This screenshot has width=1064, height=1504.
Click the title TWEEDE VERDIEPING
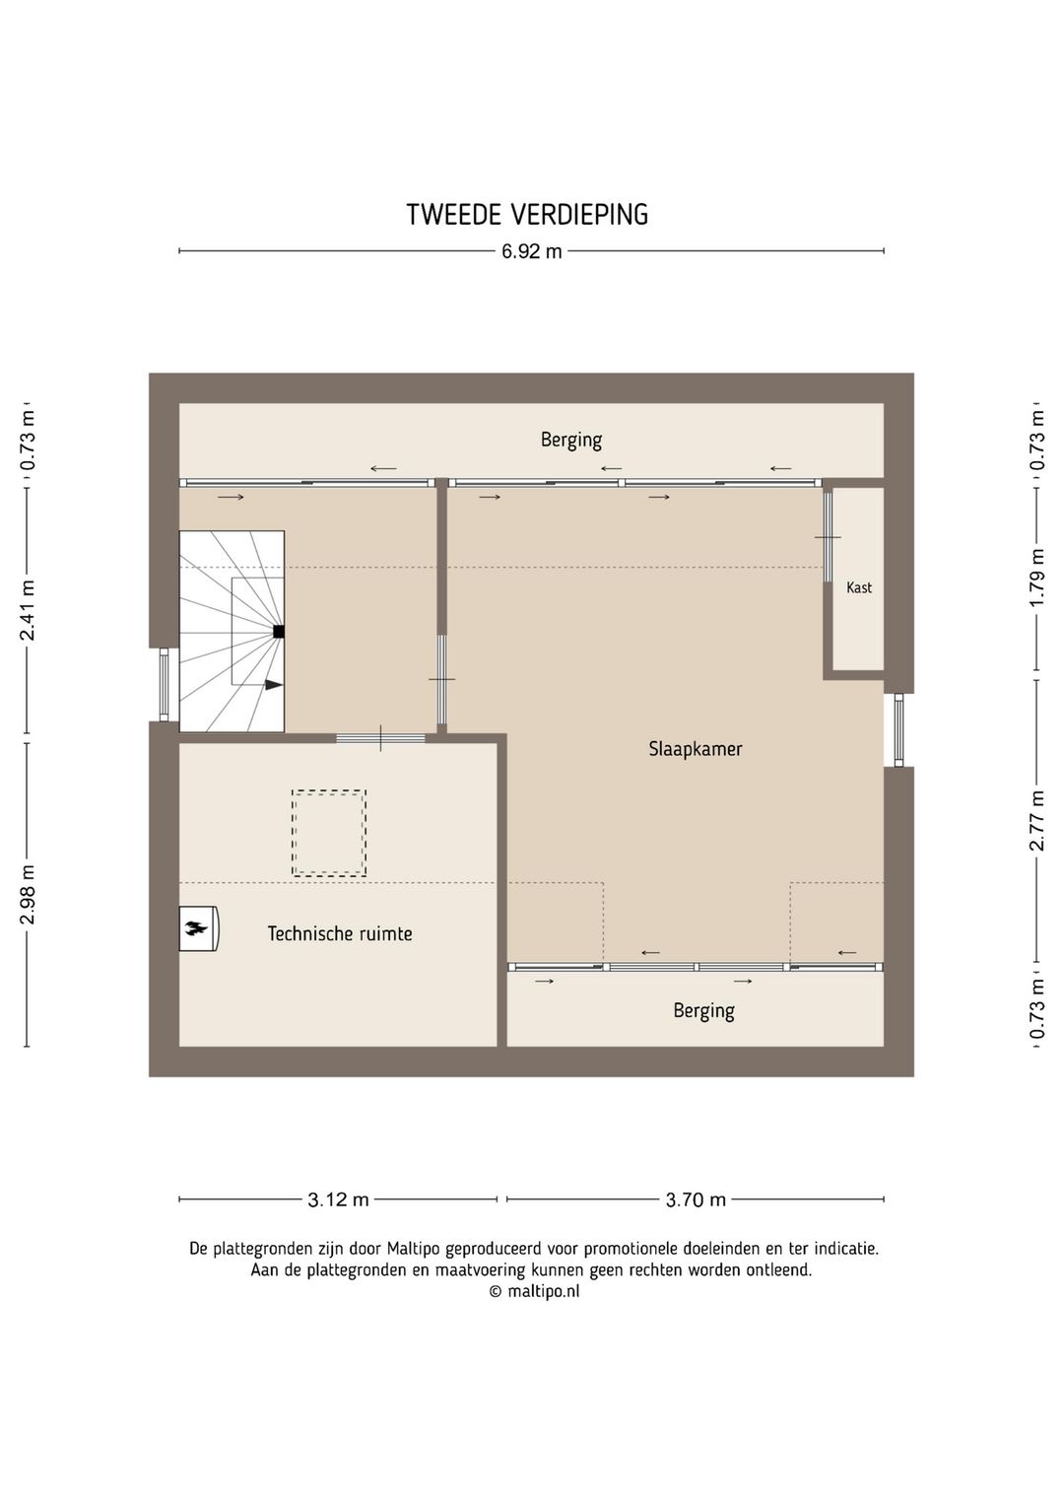click(x=528, y=215)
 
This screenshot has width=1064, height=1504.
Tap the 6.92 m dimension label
click(x=532, y=251)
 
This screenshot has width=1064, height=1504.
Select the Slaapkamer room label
click(x=695, y=749)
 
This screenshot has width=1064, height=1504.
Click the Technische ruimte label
click(x=340, y=933)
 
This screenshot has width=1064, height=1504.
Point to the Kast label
click(x=859, y=587)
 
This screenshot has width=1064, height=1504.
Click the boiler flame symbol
click(x=197, y=929)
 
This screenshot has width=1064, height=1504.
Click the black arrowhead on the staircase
click(x=273, y=685)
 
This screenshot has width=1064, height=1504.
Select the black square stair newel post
click(x=279, y=631)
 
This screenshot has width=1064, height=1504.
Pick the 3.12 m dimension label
click(x=338, y=1199)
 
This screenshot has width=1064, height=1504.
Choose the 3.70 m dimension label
click(x=696, y=1199)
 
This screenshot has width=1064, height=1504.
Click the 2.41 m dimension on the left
click(x=28, y=610)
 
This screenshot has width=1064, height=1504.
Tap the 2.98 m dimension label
click(x=28, y=894)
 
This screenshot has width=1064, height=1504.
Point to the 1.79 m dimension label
click(x=1037, y=578)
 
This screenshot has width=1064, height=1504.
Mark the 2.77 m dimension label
click(x=1037, y=820)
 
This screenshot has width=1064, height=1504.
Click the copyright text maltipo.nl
click(x=534, y=1291)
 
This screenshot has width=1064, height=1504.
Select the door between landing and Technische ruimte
click(x=380, y=738)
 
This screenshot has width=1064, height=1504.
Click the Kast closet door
click(x=828, y=537)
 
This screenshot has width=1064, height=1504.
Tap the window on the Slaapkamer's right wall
click(x=898, y=730)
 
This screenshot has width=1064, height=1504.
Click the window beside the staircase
click(x=164, y=684)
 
